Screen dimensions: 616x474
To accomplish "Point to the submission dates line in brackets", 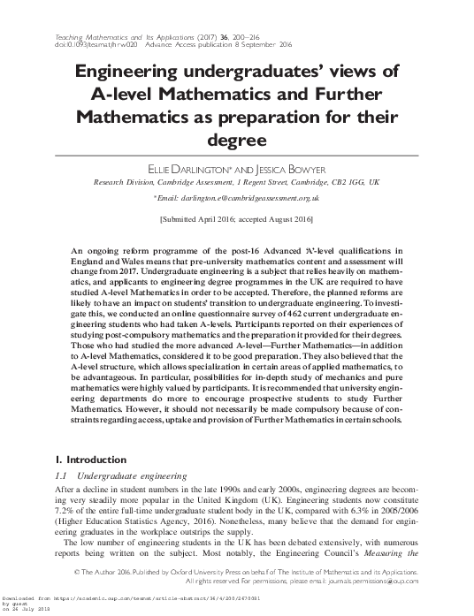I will tap(236, 217).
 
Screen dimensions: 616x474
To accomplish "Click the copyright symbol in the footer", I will tap(78, 572).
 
